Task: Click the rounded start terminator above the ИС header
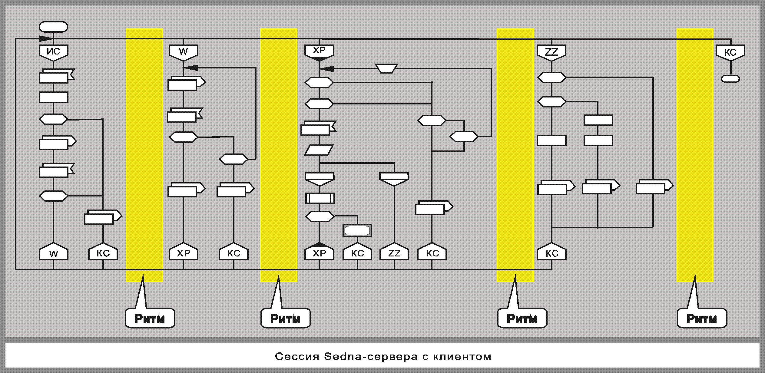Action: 53,27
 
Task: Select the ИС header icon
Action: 53,52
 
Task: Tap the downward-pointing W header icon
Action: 183,52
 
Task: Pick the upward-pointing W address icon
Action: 53,252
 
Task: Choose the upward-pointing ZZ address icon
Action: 394,252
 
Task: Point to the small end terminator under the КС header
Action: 730,79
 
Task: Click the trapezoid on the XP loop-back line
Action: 386,68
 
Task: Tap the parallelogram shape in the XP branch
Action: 319,150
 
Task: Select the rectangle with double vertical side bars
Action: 320,198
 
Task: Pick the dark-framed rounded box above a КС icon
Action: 357,231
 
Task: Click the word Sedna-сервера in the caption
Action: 370,357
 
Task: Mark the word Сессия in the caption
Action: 297,357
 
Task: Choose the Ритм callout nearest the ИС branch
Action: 150,318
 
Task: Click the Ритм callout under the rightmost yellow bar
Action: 702,318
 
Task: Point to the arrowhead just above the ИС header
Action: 46,38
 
